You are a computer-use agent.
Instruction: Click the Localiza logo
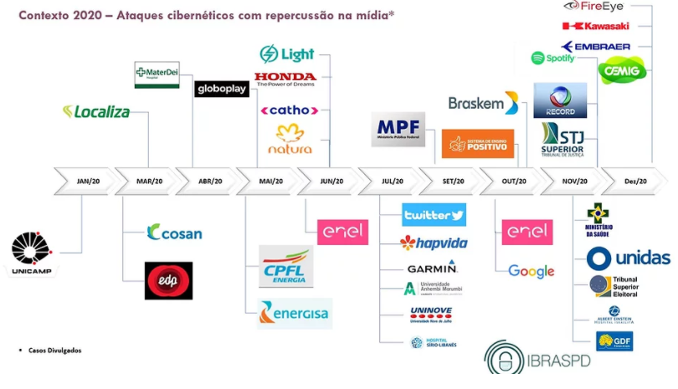97,111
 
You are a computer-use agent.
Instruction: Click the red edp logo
168,280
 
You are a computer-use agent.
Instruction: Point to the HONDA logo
285,79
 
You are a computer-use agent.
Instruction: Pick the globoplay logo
222,89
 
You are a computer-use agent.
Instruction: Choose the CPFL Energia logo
285,267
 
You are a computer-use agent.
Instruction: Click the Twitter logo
434,215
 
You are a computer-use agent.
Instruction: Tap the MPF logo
398,130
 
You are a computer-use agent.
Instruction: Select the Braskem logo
483,104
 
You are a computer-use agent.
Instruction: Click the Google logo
532,271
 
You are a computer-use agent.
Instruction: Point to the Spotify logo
553,59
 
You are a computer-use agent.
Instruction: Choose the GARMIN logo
432,268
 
